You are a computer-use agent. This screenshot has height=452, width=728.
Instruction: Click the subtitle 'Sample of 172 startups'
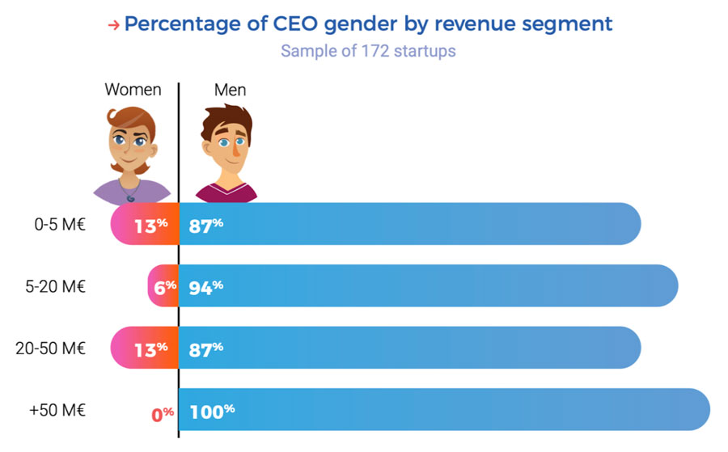[x=368, y=51]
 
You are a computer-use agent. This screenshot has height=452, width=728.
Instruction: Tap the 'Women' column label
[x=133, y=90]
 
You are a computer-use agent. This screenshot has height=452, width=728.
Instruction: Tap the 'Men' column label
[x=231, y=90]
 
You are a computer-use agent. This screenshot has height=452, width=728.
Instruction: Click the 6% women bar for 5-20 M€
[x=163, y=286]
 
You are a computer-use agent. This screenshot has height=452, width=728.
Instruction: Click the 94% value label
[x=206, y=286]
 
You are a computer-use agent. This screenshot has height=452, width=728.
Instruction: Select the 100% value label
[x=212, y=410]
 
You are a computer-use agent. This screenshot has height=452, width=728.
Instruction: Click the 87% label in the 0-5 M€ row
[x=206, y=225]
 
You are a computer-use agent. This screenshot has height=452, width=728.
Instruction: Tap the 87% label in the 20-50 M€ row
[x=206, y=349]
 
